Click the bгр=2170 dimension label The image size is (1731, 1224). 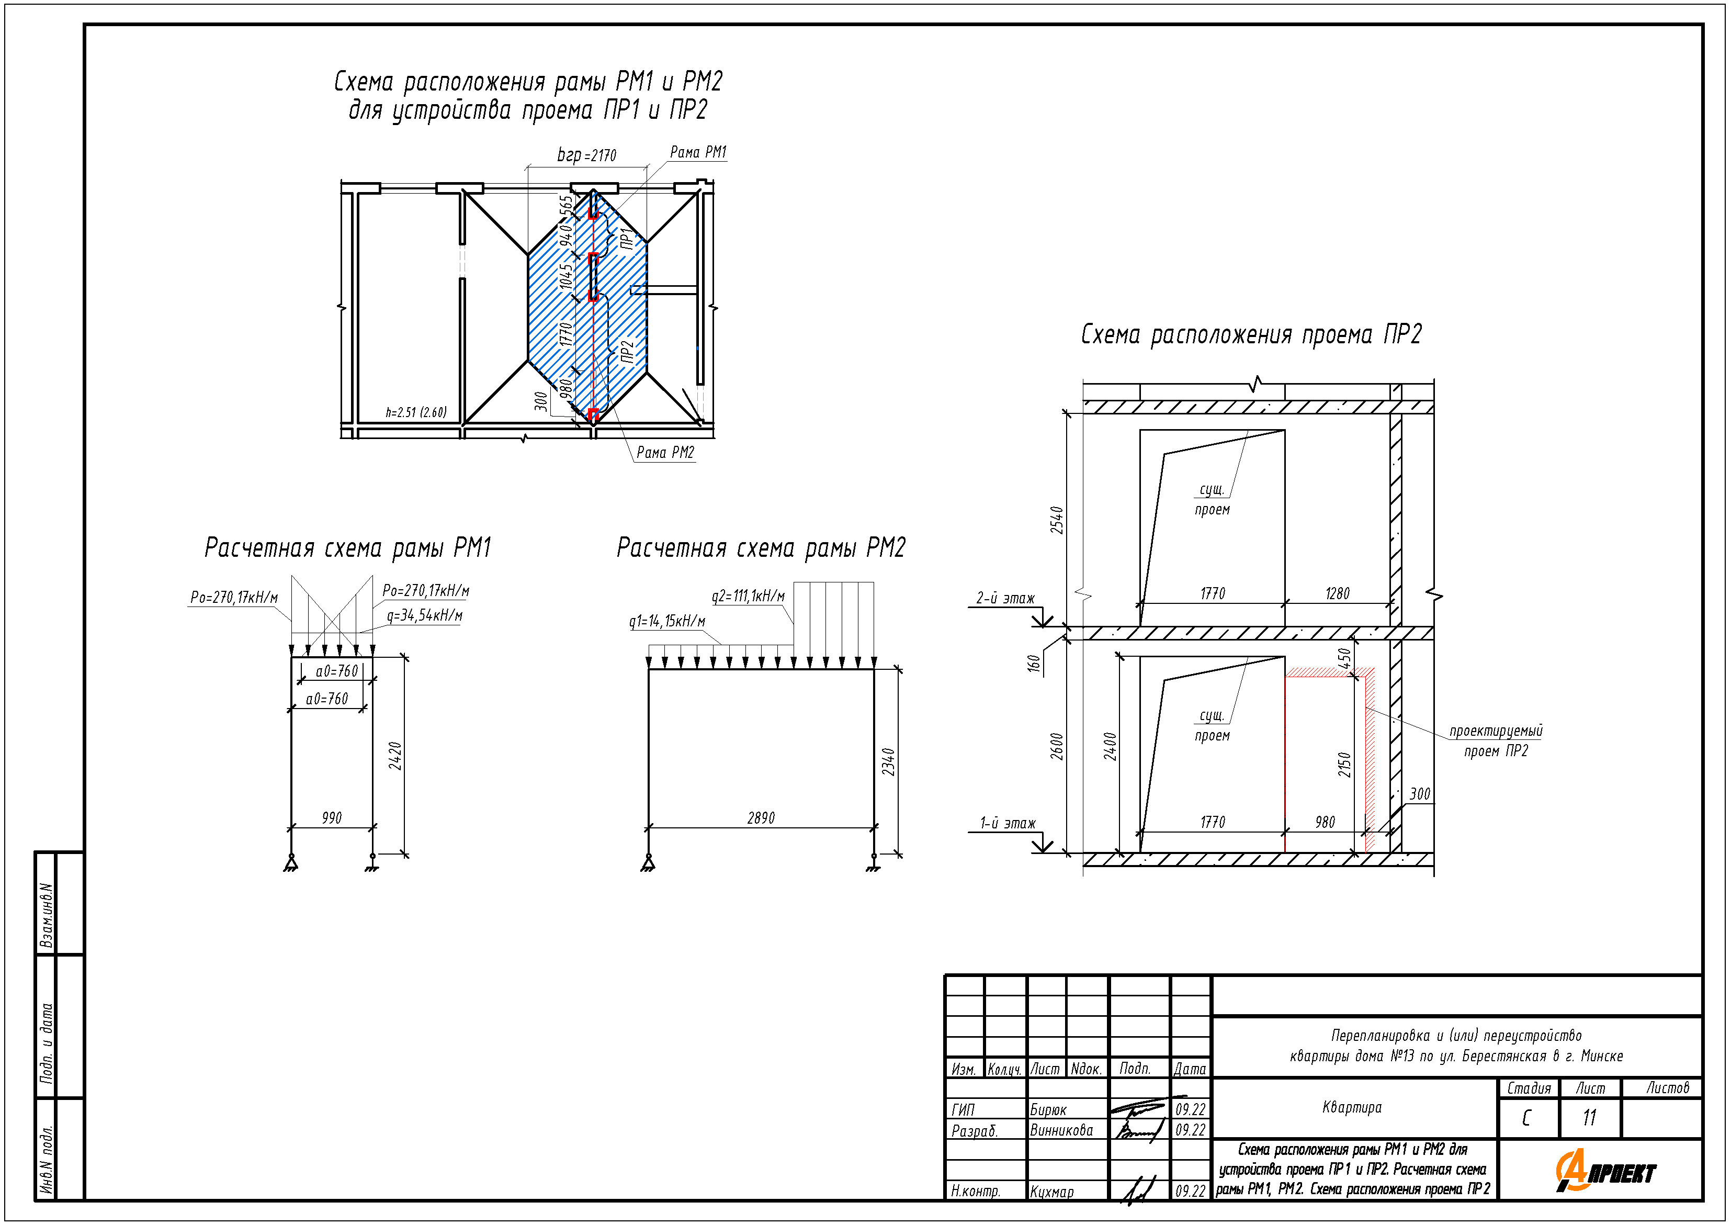point(586,155)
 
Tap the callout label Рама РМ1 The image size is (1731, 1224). point(698,152)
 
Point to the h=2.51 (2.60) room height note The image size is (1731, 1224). point(416,412)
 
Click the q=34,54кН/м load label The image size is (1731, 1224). point(424,615)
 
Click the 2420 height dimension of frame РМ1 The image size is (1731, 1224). point(395,756)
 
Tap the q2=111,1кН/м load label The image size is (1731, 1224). point(748,597)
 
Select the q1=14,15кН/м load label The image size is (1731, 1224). point(667,622)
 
